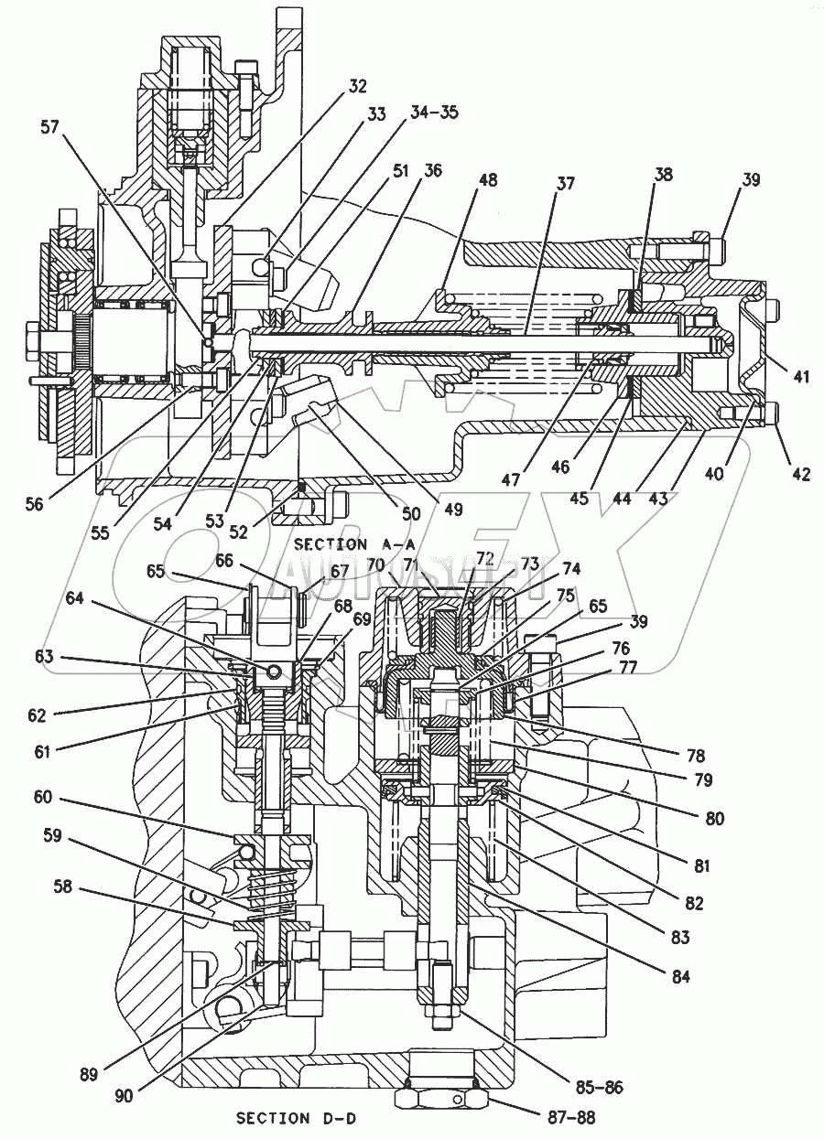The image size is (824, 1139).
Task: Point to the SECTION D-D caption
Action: (287, 1118)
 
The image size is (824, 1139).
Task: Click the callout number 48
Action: (488, 180)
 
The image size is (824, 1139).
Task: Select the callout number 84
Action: (679, 976)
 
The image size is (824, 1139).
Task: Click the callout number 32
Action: (357, 87)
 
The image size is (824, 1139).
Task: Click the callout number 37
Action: (565, 184)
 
